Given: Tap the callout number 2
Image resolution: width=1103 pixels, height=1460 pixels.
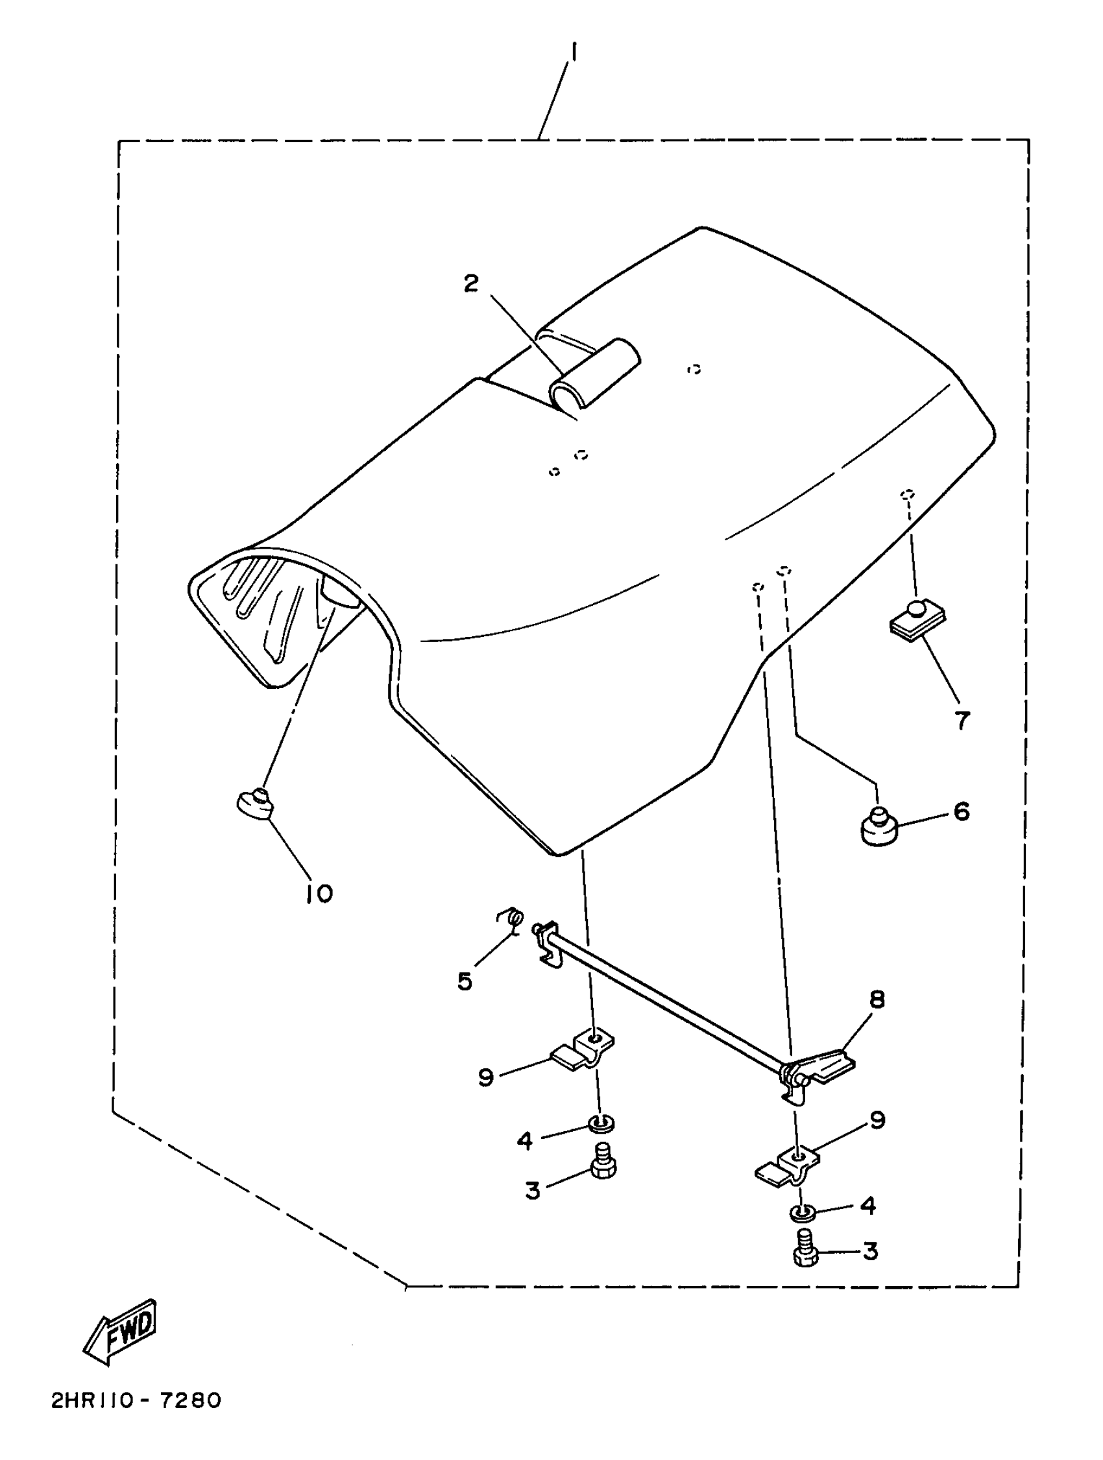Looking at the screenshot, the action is tap(470, 285).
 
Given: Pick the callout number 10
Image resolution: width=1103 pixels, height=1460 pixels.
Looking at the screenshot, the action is tap(319, 894).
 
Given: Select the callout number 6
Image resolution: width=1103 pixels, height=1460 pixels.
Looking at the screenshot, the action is tap(961, 812).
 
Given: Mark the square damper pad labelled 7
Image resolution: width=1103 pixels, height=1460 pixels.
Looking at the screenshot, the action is tap(917, 621).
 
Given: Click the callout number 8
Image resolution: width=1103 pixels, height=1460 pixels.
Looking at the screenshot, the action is tap(877, 1000).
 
